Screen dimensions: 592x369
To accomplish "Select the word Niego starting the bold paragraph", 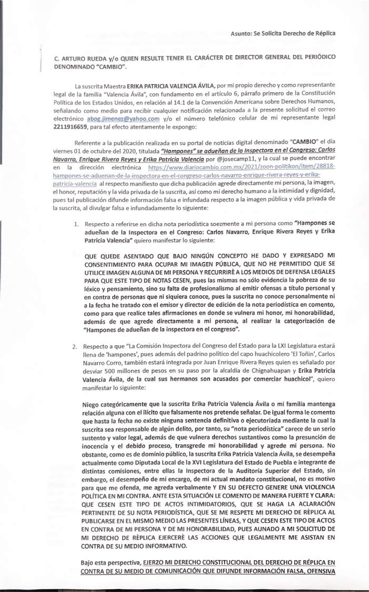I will (93, 404).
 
